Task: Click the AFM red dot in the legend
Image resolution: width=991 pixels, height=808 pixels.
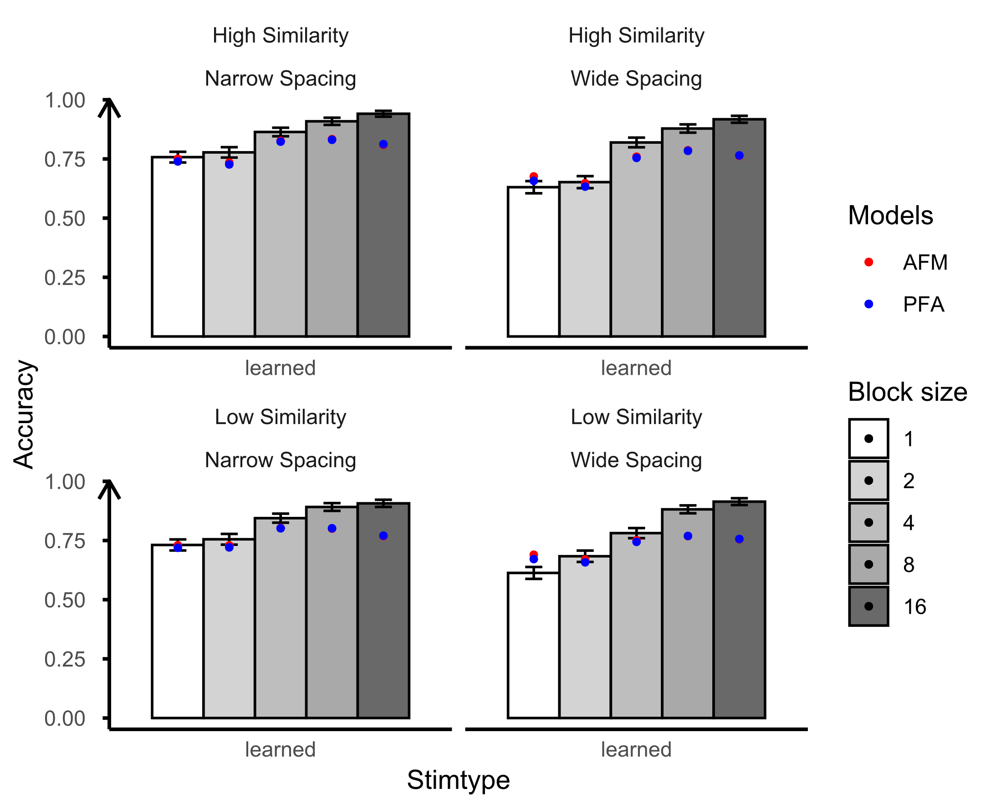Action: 868,263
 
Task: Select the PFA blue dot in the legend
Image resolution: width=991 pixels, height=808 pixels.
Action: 868,304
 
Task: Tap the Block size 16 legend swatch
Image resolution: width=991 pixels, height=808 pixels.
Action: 868,606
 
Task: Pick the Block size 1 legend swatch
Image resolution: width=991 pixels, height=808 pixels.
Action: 868,439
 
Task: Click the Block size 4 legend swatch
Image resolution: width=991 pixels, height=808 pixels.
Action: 868,522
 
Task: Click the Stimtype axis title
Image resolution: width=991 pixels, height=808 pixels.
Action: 458,780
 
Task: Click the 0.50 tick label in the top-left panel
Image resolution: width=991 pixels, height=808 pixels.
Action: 65,218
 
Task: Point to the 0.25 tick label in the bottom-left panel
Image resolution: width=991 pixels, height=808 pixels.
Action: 65,659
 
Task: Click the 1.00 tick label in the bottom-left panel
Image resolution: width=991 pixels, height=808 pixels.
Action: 65,482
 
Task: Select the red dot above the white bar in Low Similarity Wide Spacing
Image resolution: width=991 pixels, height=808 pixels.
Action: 533,554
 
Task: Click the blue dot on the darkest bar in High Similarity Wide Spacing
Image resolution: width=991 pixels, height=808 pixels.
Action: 739,156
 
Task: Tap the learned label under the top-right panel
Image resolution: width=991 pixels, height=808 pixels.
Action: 636,368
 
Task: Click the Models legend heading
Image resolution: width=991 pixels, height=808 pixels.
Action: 890,216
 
